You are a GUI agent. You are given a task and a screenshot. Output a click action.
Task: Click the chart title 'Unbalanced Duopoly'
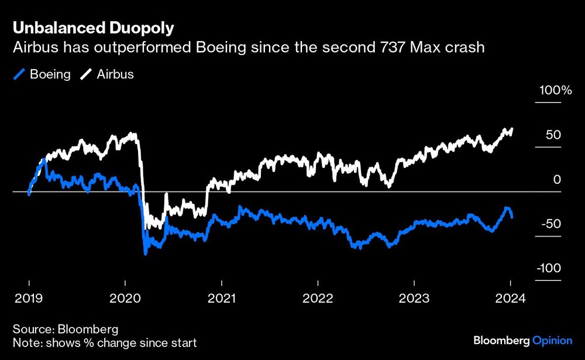(94, 28)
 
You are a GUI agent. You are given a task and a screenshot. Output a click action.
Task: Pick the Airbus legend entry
(108, 74)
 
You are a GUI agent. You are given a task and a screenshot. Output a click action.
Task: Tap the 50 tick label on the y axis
(553, 135)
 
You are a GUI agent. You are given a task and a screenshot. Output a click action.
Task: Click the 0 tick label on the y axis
(558, 180)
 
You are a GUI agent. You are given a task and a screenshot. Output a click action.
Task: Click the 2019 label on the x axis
(29, 298)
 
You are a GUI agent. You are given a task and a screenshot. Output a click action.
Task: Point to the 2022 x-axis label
(318, 298)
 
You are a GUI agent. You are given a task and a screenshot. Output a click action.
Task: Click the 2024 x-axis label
(510, 298)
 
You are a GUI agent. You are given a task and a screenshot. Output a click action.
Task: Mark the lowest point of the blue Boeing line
(146, 253)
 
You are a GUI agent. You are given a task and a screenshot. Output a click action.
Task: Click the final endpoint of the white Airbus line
(512, 129)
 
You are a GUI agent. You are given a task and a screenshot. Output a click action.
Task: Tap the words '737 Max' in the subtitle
(417, 47)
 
